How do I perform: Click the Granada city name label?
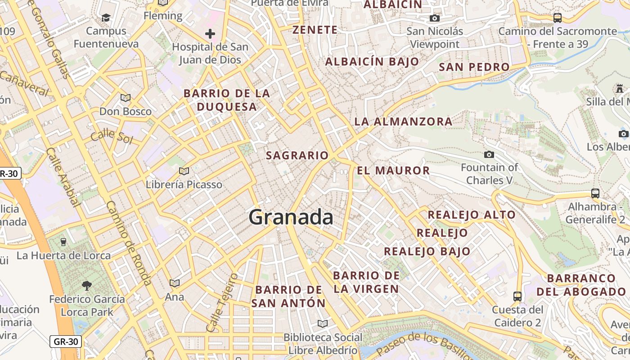(291, 217)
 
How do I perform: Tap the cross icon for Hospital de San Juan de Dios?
(210, 34)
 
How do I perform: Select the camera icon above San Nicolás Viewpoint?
(434, 18)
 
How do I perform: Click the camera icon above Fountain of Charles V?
(489, 154)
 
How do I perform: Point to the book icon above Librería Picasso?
(184, 171)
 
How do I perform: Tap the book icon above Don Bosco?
(125, 98)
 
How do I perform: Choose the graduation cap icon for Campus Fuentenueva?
(106, 18)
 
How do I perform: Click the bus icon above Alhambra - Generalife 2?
(595, 193)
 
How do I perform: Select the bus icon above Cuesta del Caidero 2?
(517, 296)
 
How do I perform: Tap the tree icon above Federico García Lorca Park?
(86, 285)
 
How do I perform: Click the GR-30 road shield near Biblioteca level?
(66, 342)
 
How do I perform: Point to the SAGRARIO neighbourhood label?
(297, 156)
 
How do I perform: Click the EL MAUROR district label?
(393, 171)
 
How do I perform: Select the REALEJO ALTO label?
(471, 215)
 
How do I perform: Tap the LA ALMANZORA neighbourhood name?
(403, 121)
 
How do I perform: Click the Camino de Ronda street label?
(128, 243)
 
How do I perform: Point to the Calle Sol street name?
(112, 136)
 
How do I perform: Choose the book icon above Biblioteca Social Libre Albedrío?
(322, 324)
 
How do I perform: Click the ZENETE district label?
(315, 30)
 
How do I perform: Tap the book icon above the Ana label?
(174, 283)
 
